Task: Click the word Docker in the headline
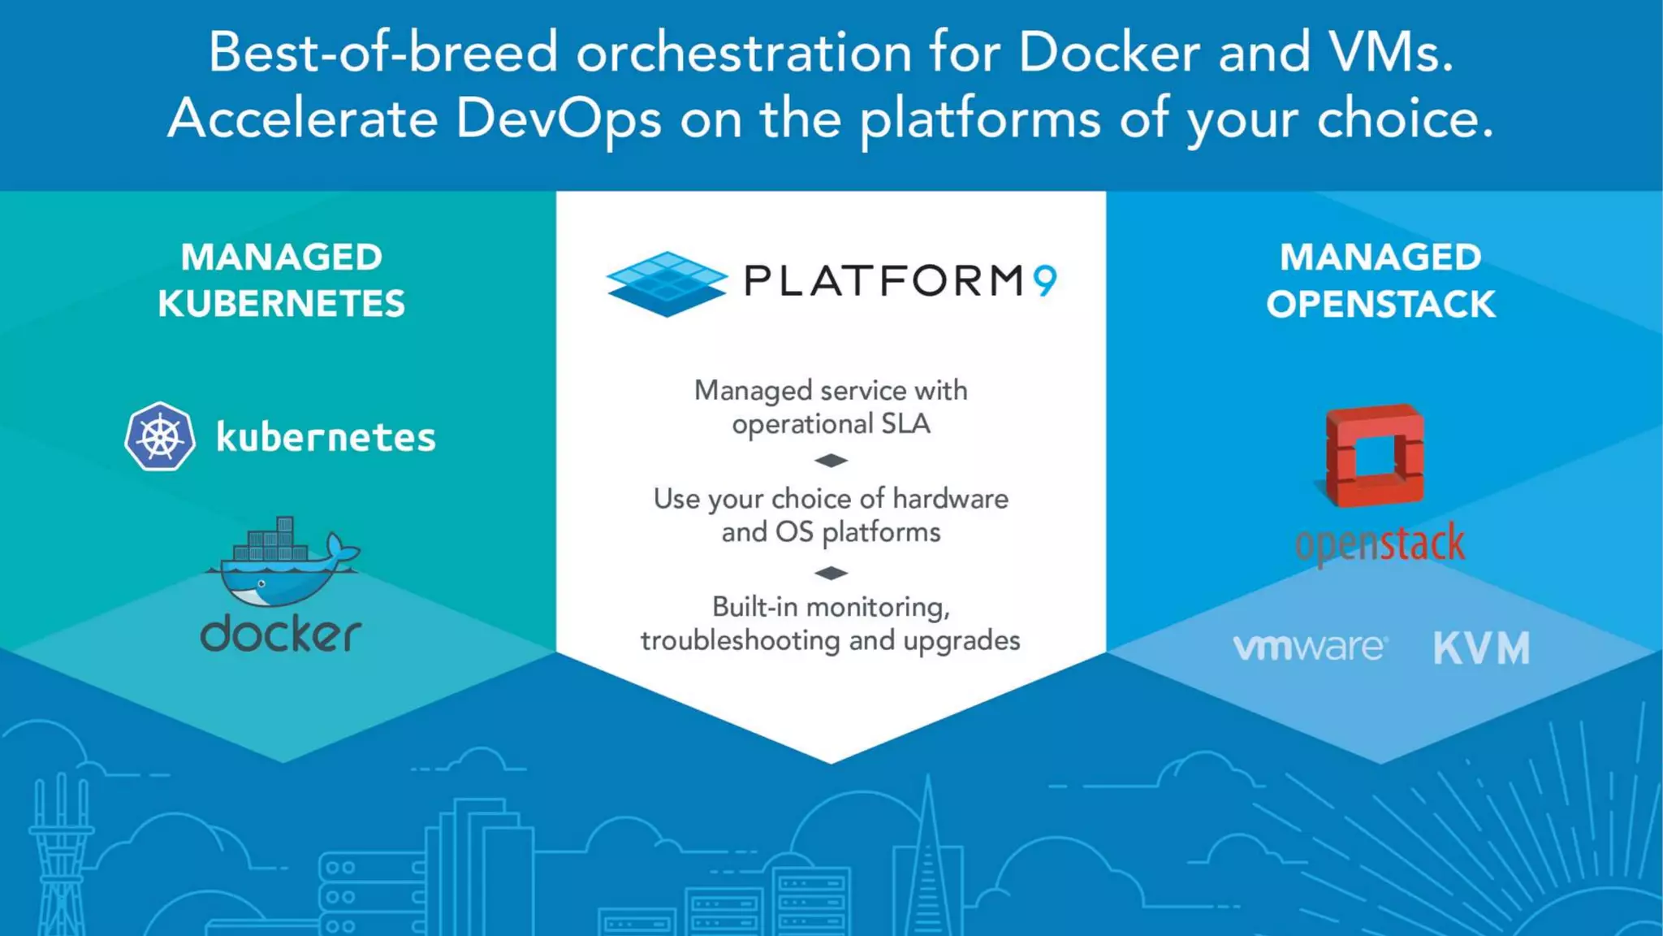coord(1108,53)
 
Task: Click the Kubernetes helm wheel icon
coord(160,436)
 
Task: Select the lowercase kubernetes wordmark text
coord(326,438)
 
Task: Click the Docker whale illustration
coord(283,562)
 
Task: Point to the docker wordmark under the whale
coord(281,634)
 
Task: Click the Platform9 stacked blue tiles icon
coord(667,284)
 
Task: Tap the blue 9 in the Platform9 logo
coord(1045,281)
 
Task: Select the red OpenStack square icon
coord(1374,456)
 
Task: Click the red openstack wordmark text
coord(1380,544)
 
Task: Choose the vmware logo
coord(1310,648)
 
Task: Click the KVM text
coord(1481,648)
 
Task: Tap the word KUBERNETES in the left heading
coord(281,305)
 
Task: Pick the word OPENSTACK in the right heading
coord(1380,305)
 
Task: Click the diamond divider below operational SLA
coord(831,461)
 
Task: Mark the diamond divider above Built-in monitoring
coord(831,573)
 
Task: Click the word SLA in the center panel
coord(905,424)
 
